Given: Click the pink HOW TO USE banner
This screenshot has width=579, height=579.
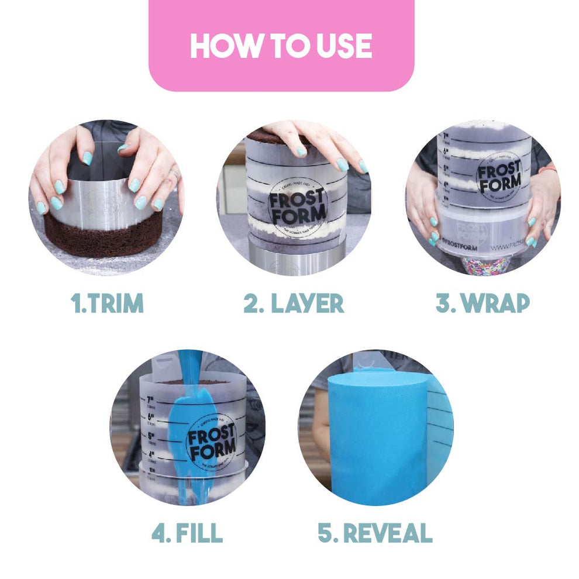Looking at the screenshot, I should tap(281, 46).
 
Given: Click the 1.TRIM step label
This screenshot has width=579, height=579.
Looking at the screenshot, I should tap(107, 303).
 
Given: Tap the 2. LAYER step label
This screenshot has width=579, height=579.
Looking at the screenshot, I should tap(294, 303).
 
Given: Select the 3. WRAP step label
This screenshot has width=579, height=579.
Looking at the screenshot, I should tap(482, 303).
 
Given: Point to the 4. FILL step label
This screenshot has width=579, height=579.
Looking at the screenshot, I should tap(187, 533).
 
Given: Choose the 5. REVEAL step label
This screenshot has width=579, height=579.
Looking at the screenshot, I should tap(375, 533).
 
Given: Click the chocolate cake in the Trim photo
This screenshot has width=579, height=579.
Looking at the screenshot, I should tap(105, 237).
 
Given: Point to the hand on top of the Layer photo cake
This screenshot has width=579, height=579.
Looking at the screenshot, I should tap(319, 140).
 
